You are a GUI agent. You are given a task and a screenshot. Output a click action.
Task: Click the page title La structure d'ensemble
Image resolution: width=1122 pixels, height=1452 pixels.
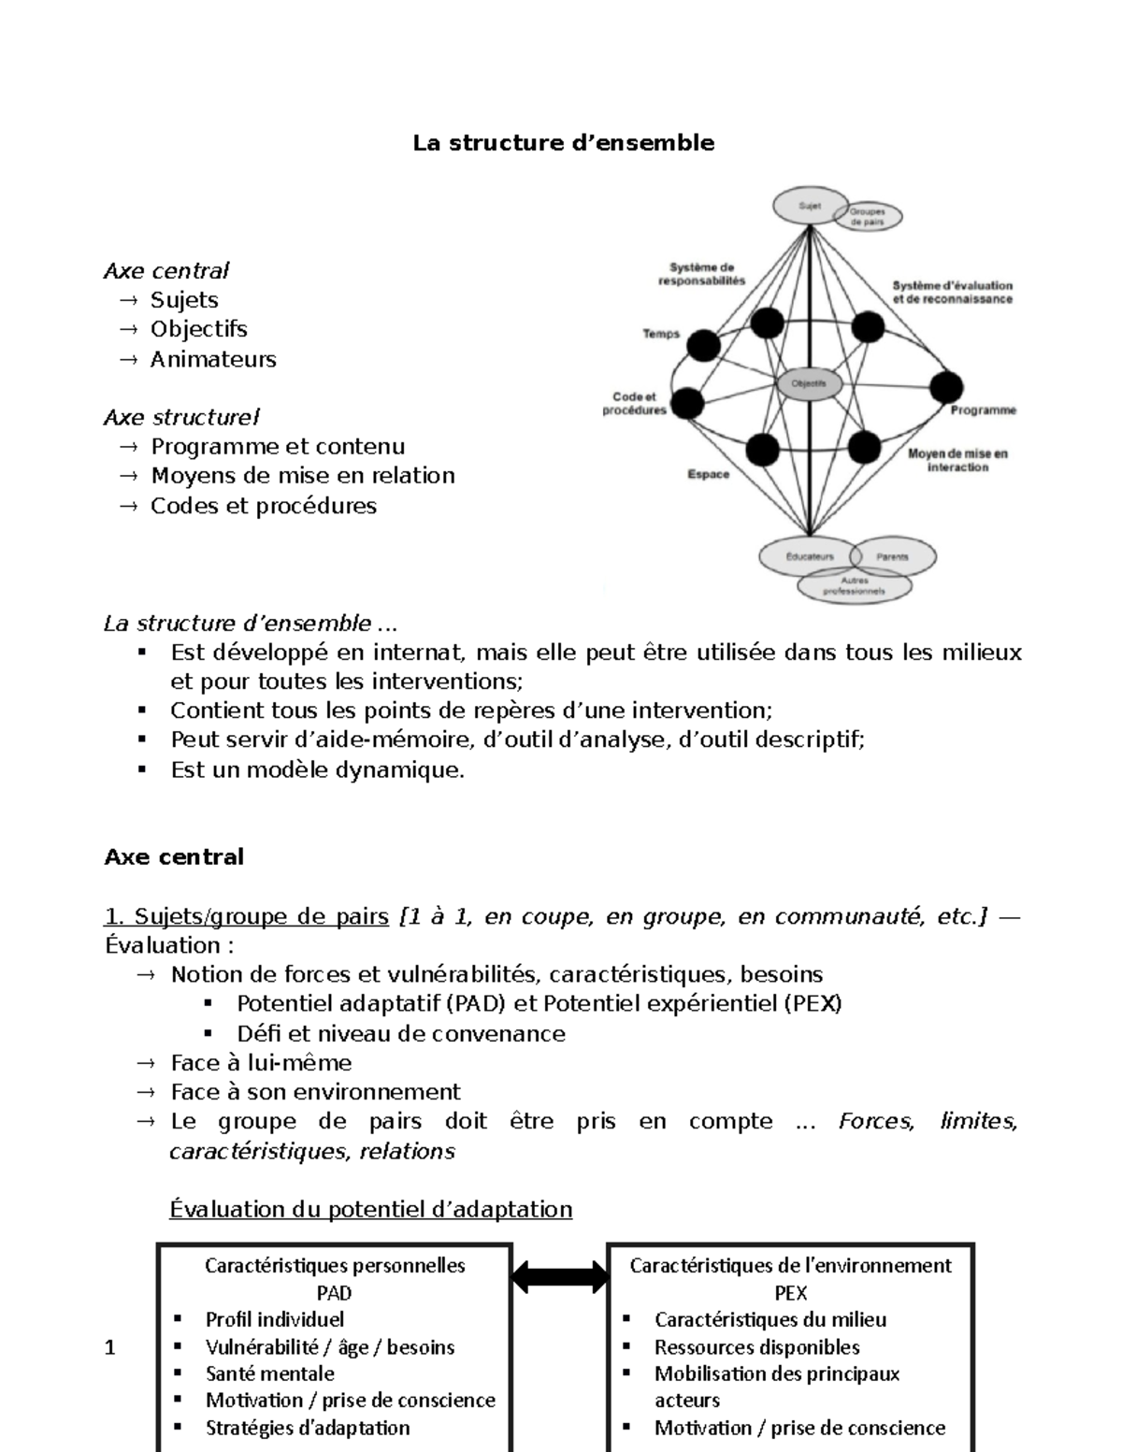[x=564, y=143]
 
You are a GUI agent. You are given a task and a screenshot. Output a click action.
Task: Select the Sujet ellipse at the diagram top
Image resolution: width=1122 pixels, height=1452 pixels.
[x=808, y=207]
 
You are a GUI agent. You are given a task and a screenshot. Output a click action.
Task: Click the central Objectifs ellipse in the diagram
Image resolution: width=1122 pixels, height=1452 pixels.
[x=809, y=383]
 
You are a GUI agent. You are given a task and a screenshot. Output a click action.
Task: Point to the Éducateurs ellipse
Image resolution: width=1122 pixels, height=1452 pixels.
[x=809, y=556]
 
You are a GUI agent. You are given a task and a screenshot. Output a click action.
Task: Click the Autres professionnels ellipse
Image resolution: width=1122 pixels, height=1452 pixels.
[x=854, y=586]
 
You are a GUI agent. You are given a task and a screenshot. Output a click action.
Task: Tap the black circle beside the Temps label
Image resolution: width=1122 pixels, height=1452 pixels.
[x=703, y=346]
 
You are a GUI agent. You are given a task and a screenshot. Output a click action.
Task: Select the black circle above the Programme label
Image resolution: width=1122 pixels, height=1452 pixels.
[x=945, y=387]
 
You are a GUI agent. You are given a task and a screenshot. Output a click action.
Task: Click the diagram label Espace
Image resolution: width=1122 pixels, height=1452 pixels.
[x=708, y=474]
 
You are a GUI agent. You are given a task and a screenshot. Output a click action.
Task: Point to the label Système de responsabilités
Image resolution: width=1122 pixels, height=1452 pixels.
[x=701, y=274]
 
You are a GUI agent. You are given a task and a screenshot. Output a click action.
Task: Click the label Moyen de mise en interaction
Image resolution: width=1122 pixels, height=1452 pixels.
[x=957, y=460]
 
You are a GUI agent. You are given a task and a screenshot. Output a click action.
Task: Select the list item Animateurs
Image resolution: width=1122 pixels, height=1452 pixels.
[x=213, y=359]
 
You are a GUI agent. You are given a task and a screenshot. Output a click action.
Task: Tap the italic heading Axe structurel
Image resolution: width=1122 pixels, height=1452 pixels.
[x=181, y=417]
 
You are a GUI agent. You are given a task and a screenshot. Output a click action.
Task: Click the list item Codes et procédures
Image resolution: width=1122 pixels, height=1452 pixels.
[x=264, y=506]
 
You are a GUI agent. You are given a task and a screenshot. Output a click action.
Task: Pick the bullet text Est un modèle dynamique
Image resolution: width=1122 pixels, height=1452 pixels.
[x=317, y=770]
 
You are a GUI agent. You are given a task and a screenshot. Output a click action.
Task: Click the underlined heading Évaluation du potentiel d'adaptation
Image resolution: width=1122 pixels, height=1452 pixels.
[x=370, y=1209]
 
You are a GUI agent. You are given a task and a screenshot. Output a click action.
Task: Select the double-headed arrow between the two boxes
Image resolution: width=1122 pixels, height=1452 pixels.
[x=559, y=1275]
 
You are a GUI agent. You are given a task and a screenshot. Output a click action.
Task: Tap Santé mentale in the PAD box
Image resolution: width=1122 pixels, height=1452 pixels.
[x=269, y=1373]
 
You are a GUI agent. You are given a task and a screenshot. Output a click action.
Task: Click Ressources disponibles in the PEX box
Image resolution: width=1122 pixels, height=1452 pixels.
[x=756, y=1347]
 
